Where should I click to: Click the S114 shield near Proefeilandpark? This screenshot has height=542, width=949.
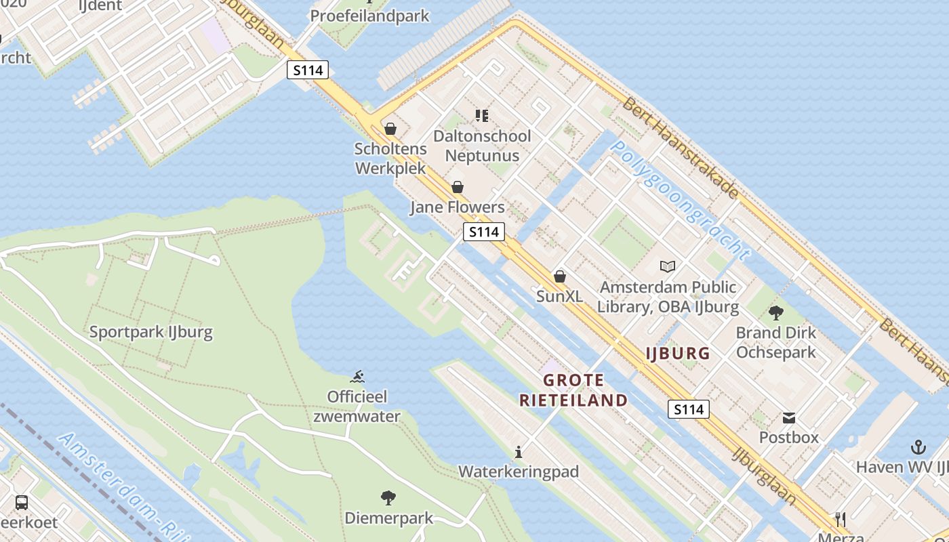click(308, 70)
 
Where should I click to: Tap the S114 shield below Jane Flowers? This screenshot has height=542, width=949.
click(484, 232)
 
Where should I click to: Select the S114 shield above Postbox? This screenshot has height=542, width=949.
click(688, 409)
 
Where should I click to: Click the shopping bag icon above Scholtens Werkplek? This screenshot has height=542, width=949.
click(390, 128)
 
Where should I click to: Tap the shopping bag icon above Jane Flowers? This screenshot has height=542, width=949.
click(458, 187)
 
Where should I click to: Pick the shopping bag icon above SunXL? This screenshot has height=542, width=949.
click(560, 276)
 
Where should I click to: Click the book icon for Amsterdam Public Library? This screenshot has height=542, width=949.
click(668, 267)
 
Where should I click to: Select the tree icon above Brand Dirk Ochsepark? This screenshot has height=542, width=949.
click(776, 312)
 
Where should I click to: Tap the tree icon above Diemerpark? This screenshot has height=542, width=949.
click(388, 499)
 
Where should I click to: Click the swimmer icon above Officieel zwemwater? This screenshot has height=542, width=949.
click(357, 376)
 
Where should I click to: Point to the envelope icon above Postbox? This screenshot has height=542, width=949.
click(789, 417)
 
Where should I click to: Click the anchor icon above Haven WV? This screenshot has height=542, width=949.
click(918, 447)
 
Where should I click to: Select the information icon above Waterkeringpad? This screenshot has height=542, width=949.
click(519, 452)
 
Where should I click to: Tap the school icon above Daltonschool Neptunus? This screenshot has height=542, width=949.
click(482, 116)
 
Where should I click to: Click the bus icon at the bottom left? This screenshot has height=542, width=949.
click(22, 503)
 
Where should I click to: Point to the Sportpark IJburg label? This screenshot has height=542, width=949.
click(151, 333)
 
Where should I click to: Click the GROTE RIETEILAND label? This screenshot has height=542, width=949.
click(573, 390)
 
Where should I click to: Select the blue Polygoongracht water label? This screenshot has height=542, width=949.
click(680, 201)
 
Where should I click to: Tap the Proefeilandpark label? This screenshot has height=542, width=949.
click(370, 16)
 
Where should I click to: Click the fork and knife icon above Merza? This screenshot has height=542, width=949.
click(841, 520)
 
